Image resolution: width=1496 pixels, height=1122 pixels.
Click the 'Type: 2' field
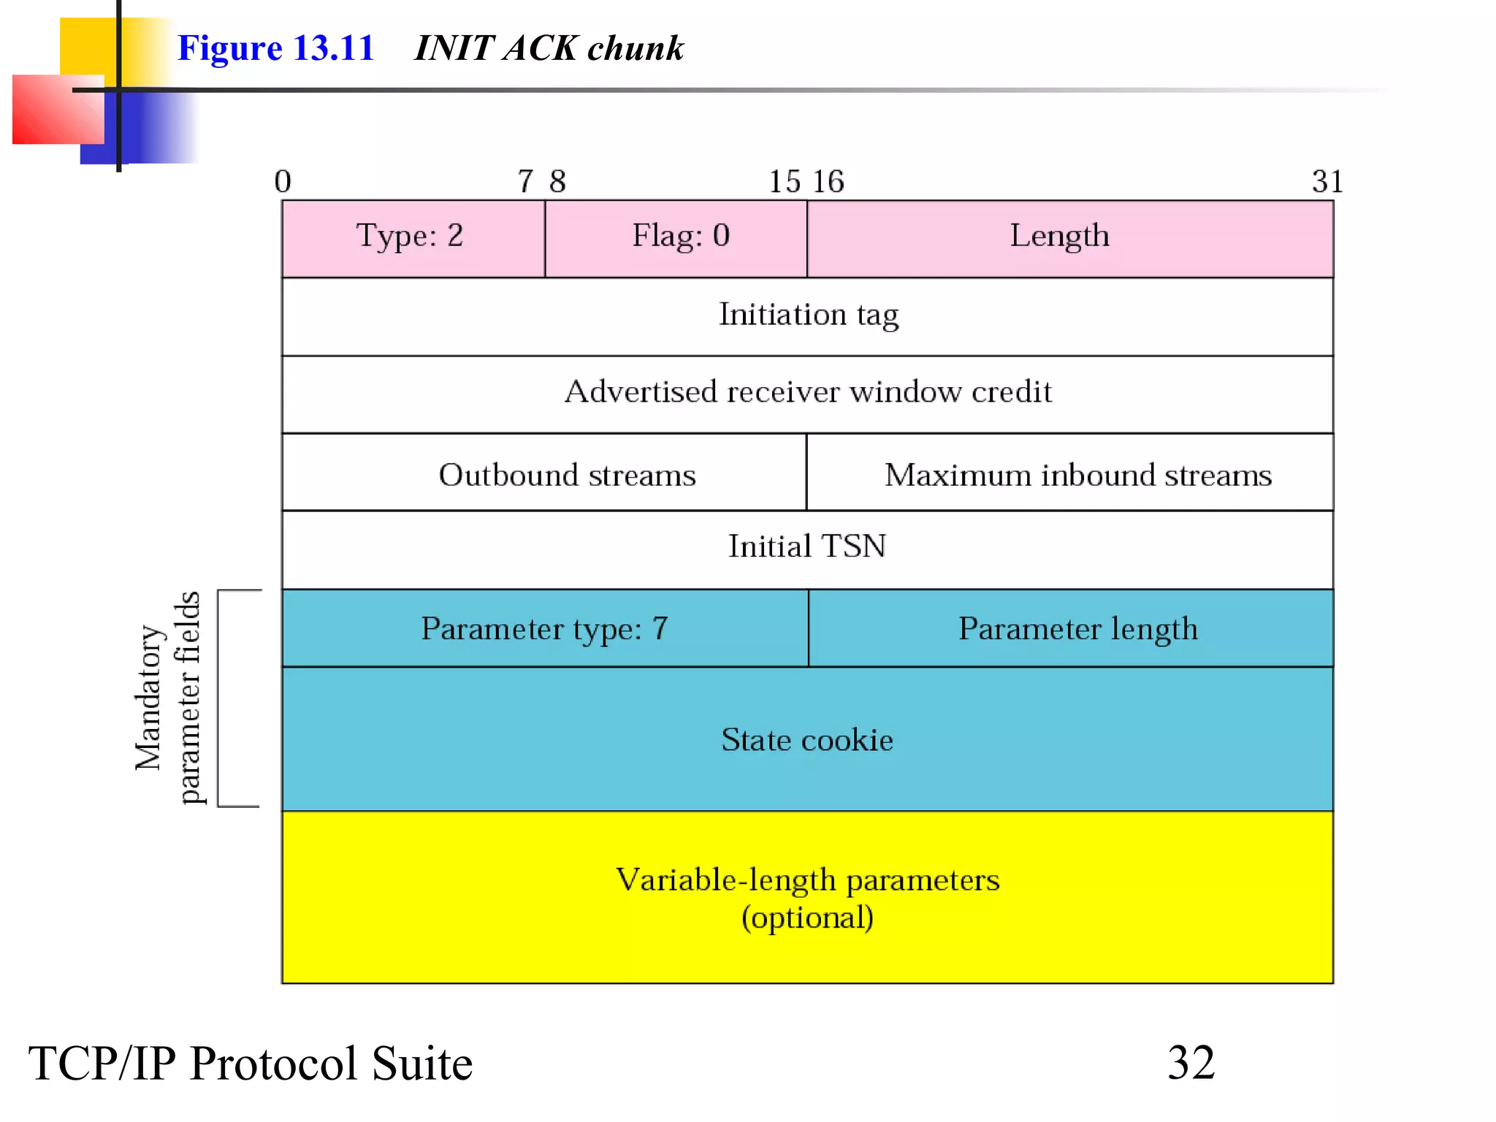pos(411,237)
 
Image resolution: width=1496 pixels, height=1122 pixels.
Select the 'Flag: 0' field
pos(680,237)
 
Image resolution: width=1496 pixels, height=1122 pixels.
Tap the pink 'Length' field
pos(1059,237)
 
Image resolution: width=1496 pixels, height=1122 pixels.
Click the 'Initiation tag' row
pos(808,316)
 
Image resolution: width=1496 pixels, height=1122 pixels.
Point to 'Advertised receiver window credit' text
pos(808,392)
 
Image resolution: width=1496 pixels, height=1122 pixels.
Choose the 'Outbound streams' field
pos(567,476)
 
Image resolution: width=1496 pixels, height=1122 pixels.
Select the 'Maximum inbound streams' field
pos(1077,476)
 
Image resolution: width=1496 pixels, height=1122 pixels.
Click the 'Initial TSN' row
pos(807,546)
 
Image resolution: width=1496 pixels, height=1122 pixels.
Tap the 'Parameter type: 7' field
pos(544,629)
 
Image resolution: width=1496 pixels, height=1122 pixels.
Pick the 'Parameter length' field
pos(1077,629)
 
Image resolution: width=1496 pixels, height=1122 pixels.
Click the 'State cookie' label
pos(807,740)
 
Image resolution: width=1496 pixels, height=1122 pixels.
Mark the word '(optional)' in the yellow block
pos(807,918)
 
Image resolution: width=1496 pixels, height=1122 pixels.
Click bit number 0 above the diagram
pos(283,181)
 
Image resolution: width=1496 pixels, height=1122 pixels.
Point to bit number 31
pos(1327,181)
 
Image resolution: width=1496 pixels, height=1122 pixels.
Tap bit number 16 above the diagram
pos(828,181)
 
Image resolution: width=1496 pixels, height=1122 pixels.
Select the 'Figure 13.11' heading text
pos(276,48)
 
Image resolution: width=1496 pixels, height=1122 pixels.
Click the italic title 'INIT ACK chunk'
pos(549,48)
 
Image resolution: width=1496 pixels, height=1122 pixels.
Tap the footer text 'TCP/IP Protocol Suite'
pos(251,1064)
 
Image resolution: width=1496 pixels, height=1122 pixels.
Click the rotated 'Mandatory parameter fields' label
pos(167,698)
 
